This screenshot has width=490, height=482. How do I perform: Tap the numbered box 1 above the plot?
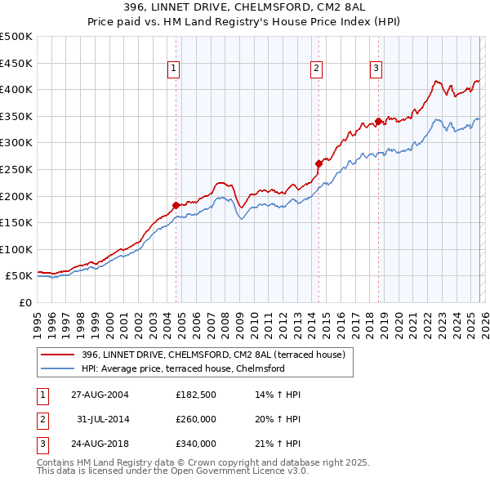tap(175, 69)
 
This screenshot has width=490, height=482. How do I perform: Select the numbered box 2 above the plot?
tap(317, 69)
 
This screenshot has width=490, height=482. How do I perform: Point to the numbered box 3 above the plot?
tap(376, 69)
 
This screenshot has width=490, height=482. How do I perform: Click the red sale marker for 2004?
tap(176, 205)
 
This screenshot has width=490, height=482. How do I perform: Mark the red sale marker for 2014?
tap(318, 163)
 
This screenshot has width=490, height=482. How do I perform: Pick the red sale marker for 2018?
tap(378, 122)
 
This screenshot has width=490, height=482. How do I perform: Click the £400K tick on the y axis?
tap(16, 90)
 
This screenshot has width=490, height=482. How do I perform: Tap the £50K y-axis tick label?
tap(20, 276)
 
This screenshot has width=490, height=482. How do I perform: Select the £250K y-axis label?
tap(16, 170)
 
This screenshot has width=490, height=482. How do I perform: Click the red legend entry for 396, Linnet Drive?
tap(214, 355)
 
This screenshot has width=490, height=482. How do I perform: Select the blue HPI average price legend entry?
tap(182, 368)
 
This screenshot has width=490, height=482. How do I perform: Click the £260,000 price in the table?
tap(196, 419)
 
